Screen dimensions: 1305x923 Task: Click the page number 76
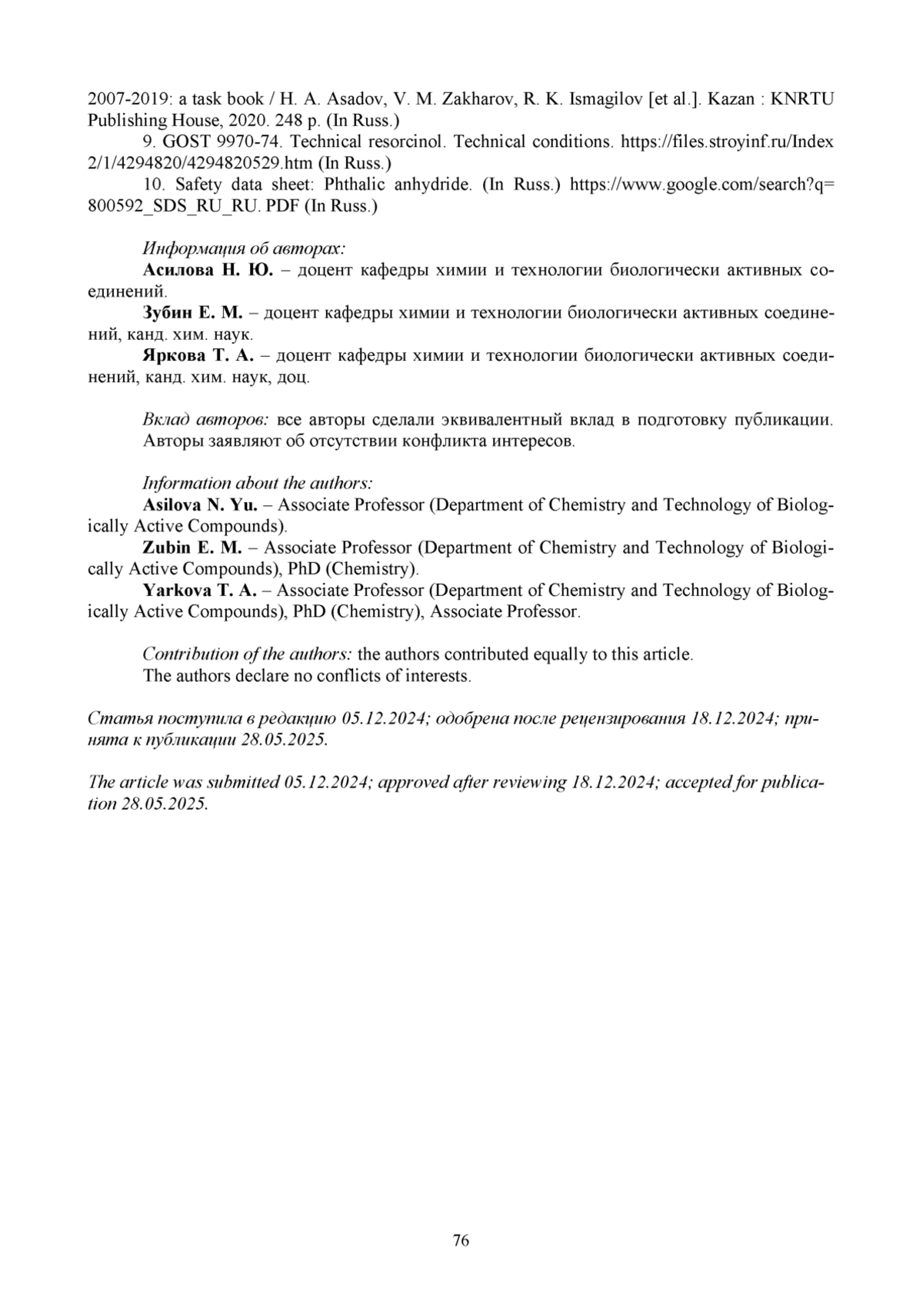click(461, 1240)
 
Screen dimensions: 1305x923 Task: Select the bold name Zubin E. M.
click(192, 548)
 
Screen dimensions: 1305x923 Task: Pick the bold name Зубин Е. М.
click(192, 313)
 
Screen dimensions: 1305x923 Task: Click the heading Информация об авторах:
click(244, 248)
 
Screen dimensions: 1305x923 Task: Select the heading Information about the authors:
click(258, 484)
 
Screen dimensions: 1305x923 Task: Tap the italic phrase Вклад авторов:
click(205, 420)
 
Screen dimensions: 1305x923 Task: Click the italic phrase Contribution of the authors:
click(248, 654)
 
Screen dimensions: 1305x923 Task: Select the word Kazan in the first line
click(728, 99)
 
